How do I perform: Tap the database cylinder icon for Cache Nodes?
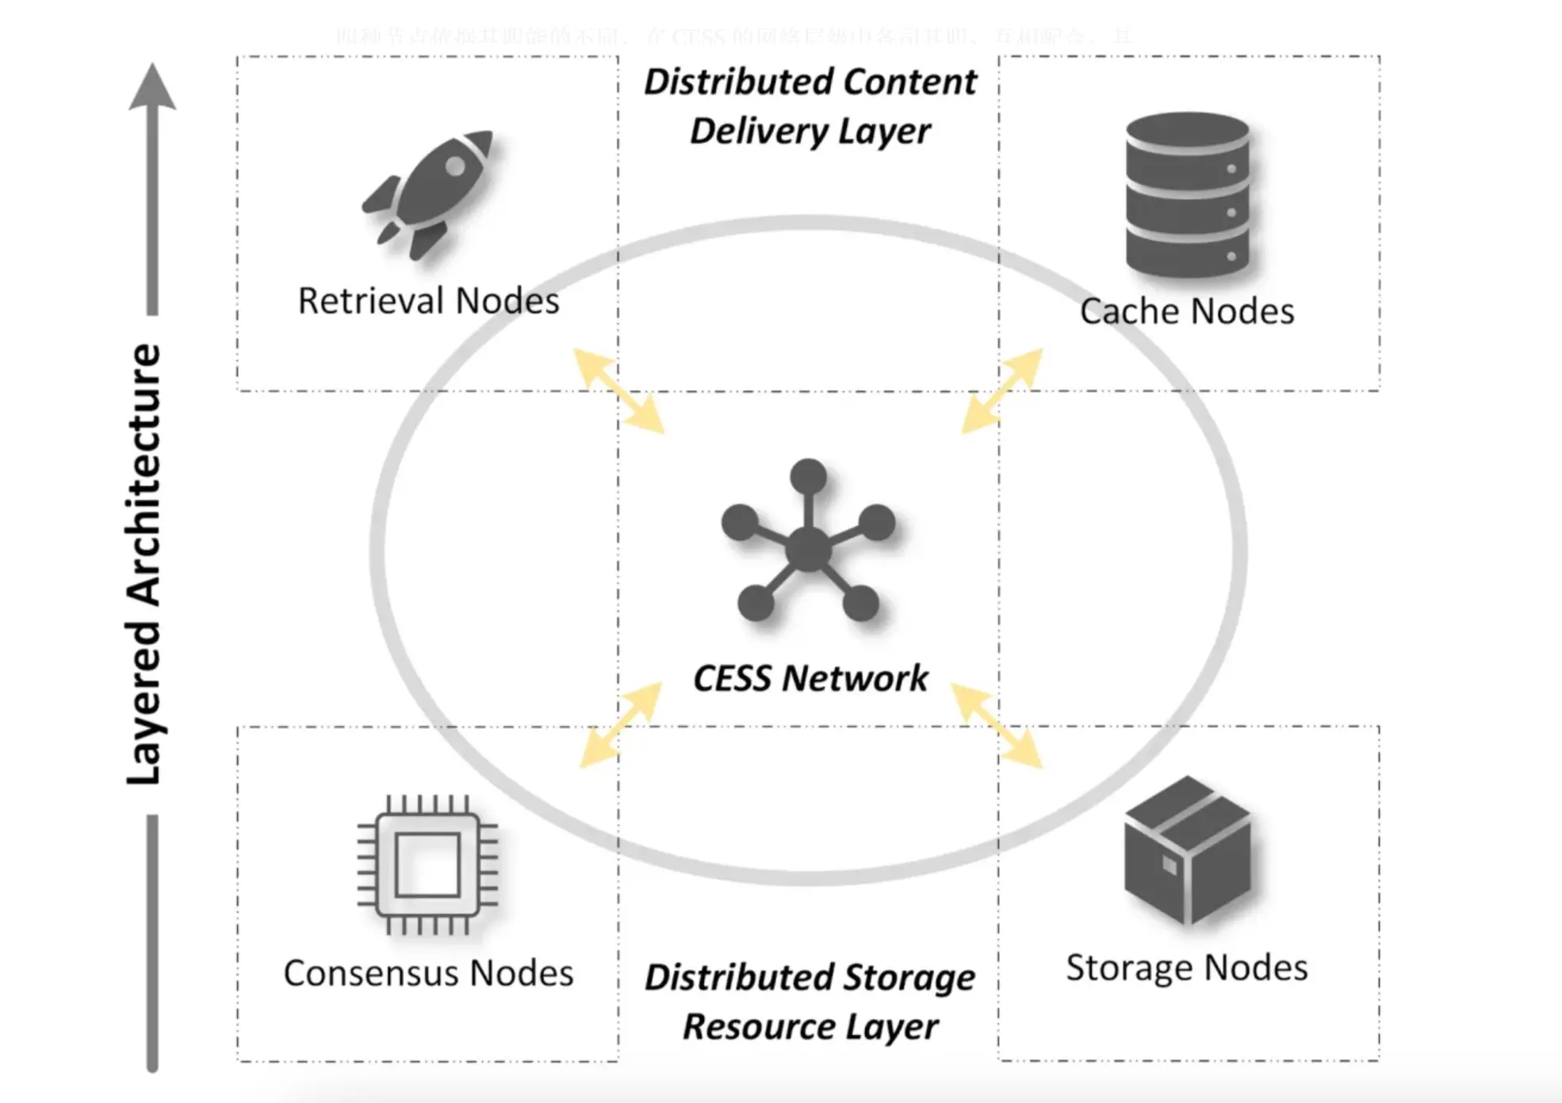1187,195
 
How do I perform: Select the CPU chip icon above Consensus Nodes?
427,865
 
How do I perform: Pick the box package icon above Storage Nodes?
1187,850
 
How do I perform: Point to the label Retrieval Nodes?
428,301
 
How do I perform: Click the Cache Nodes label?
1187,311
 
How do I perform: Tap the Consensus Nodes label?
428,973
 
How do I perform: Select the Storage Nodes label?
1187,968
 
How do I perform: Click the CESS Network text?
810,678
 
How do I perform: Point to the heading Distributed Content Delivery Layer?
810,106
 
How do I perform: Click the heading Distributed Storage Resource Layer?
810,1002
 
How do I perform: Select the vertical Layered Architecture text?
144,564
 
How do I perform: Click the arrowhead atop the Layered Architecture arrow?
152,87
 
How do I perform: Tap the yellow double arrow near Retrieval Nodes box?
618,391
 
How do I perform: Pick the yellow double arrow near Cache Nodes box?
1001,391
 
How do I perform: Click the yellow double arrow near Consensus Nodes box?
620,725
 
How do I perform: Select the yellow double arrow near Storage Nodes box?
997,725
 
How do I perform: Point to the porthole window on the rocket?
455,166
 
